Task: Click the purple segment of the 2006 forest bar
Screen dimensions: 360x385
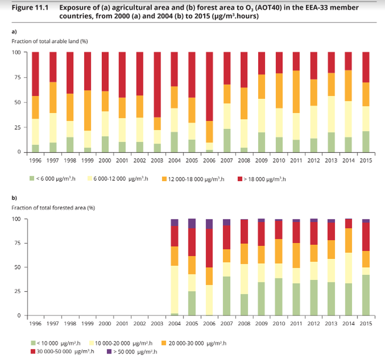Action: coord(210,224)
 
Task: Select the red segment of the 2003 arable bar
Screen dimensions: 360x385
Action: coord(157,85)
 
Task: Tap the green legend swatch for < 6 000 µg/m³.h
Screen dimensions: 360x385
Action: coord(32,178)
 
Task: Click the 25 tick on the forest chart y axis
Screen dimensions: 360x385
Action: coord(20,291)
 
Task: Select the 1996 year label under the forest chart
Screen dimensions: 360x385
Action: coord(35,324)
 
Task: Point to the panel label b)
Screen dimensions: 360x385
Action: coord(15,197)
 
